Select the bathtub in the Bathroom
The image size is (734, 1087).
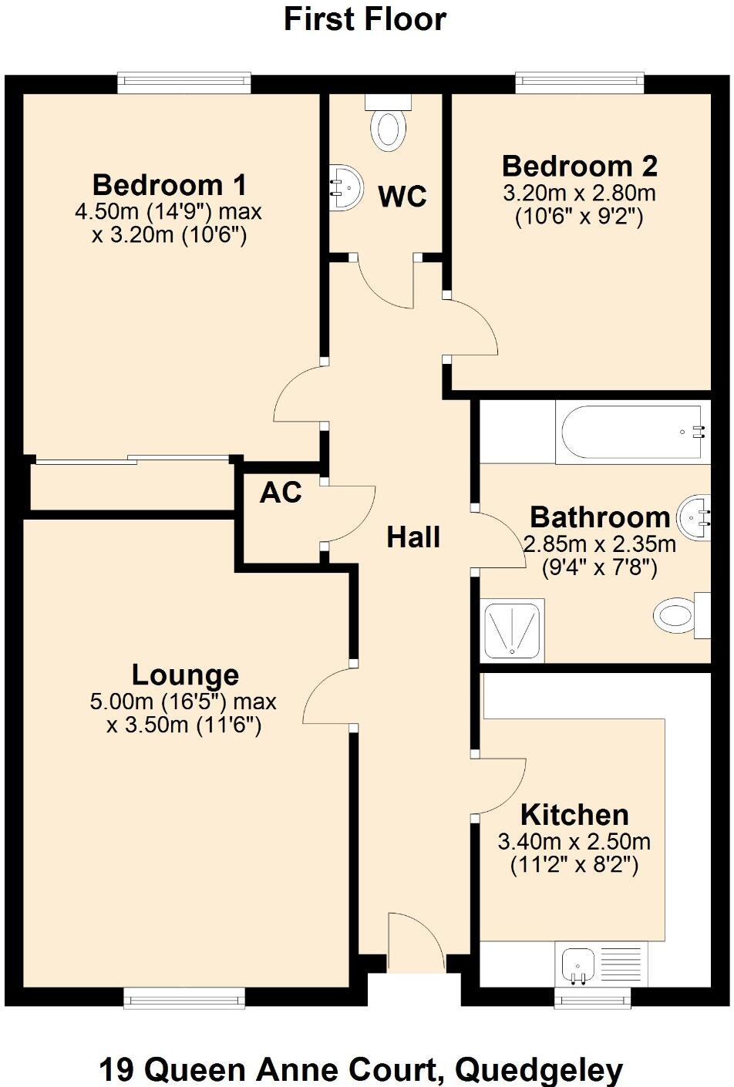(x=633, y=432)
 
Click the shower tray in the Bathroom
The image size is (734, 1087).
(x=512, y=630)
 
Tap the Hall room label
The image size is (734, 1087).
(x=413, y=537)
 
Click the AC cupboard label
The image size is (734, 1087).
(x=281, y=493)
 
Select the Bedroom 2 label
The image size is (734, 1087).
(x=580, y=167)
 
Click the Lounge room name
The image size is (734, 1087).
(x=185, y=675)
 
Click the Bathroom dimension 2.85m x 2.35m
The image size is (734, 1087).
(x=600, y=544)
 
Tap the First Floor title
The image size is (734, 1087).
(x=365, y=19)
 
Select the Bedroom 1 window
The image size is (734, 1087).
(x=184, y=82)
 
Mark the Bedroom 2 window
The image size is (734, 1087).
(x=580, y=82)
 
